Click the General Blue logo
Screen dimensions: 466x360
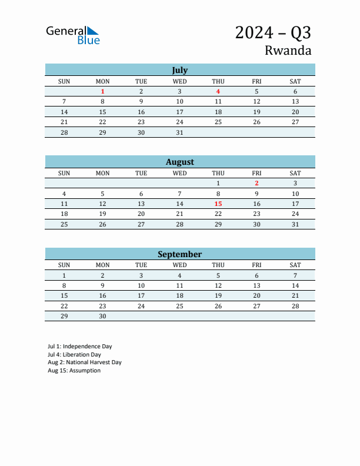tap(73, 35)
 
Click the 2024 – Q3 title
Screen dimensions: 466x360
tap(273, 32)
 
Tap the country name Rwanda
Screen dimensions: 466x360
tap(288, 50)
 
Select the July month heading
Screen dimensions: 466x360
tap(179, 70)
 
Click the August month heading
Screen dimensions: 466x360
tap(179, 162)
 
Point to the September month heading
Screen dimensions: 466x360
tap(179, 254)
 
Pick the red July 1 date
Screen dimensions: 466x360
tap(102, 91)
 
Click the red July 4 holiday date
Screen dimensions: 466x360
tap(218, 91)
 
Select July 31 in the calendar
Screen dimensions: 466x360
tap(179, 132)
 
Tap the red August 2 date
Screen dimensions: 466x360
tap(256, 183)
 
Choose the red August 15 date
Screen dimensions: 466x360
tap(218, 204)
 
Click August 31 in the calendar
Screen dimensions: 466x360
tap(295, 224)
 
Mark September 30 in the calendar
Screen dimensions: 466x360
tap(102, 316)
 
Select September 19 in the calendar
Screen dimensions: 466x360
tap(218, 295)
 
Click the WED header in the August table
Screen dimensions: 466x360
tap(179, 173)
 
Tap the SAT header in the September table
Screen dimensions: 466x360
tap(295, 265)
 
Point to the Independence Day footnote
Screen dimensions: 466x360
tap(79, 347)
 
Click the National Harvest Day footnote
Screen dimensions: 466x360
tap(84, 362)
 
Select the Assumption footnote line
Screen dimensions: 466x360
tap(74, 371)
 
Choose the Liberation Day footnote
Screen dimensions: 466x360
tap(74, 355)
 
